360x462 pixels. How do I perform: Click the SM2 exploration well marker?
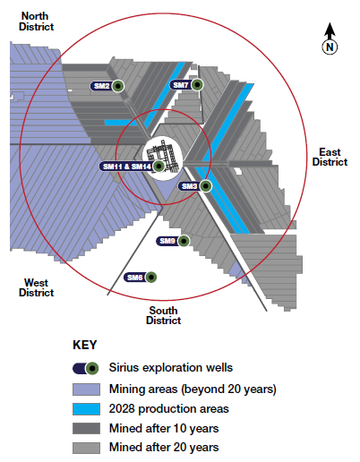118,86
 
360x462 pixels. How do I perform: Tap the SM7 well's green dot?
197,85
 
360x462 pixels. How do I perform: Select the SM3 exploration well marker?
205,186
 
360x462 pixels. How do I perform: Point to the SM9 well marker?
184,241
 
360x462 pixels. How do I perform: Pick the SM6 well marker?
151,278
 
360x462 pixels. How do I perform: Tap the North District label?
36,21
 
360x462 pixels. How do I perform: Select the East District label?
330,157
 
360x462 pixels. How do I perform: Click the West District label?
36,287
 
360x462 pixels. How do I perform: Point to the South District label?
163,315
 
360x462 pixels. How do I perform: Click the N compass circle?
330,47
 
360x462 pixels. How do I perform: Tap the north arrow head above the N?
330,30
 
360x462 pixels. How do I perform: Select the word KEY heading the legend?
85,345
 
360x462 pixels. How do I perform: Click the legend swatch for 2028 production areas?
86,409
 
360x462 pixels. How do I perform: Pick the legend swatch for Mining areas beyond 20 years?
86,389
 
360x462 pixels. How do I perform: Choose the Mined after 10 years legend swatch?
86,428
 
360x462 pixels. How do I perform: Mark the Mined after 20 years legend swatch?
86,448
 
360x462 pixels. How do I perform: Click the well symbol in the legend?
86,369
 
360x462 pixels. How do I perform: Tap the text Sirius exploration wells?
171,368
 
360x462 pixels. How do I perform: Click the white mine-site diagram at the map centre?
163,158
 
